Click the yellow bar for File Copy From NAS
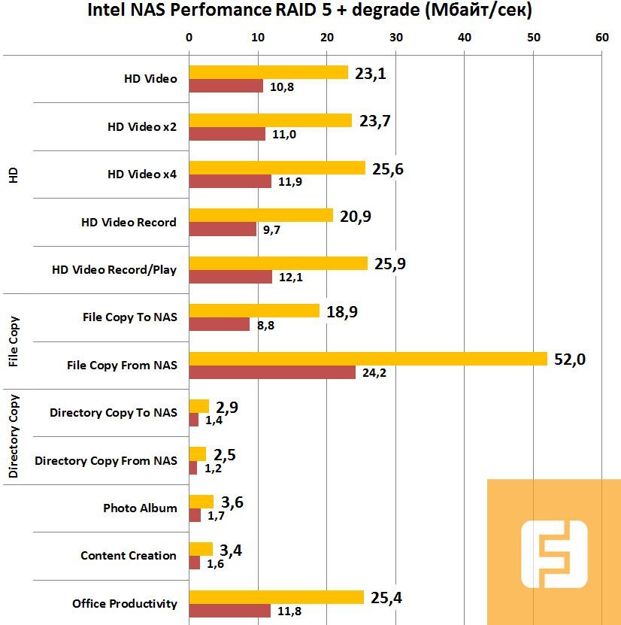tap(368, 358)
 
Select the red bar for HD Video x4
tap(230, 181)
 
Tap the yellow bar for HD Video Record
tap(260, 215)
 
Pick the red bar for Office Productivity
tap(229, 611)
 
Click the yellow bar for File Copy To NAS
tap(253, 311)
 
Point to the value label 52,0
tap(570, 359)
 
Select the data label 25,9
tap(389, 263)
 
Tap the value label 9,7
tap(271, 229)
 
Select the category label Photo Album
tap(140, 508)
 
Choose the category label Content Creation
tap(129, 556)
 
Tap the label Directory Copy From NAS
tap(106, 460)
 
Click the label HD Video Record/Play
tap(114, 269)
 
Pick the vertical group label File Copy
tap(14, 341)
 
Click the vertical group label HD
tap(14, 174)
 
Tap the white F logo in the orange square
tap(554, 555)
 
